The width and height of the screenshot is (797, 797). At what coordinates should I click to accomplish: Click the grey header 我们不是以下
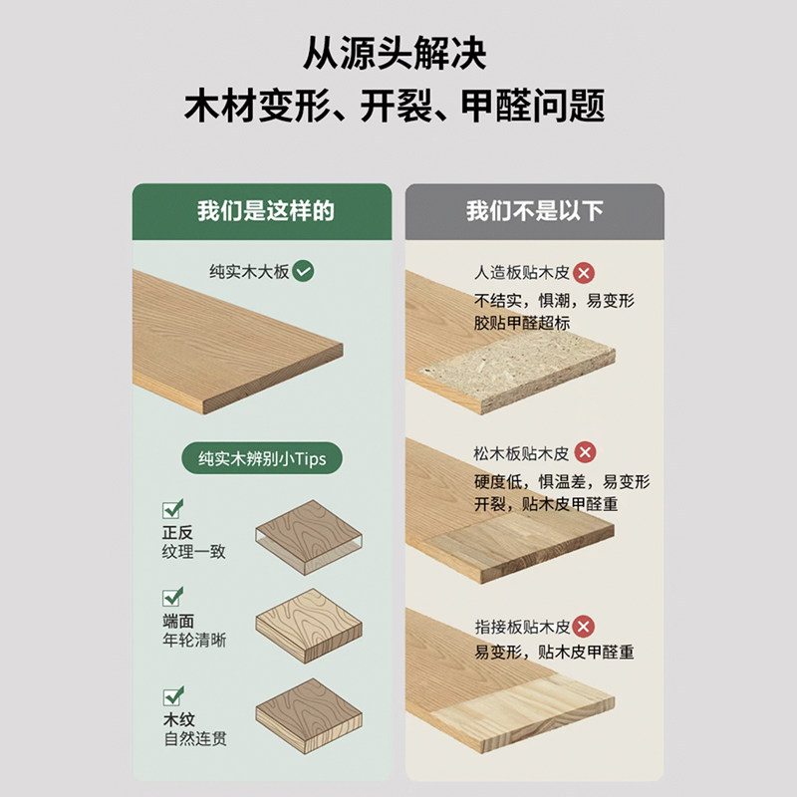[534, 211]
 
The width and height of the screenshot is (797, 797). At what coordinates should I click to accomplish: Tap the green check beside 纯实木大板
[304, 270]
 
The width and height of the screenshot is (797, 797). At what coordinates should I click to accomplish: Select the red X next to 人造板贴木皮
[585, 272]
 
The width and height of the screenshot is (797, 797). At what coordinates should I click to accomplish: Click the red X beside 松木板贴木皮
[586, 453]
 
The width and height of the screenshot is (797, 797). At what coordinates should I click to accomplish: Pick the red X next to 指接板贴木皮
[586, 627]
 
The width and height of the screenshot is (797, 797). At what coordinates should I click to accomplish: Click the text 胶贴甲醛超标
[522, 323]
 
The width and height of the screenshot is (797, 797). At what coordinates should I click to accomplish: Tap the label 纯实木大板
[249, 270]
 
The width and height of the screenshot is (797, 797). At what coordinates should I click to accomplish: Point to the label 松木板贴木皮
[521, 454]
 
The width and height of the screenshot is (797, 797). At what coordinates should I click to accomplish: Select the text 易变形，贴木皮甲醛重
[554, 653]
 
